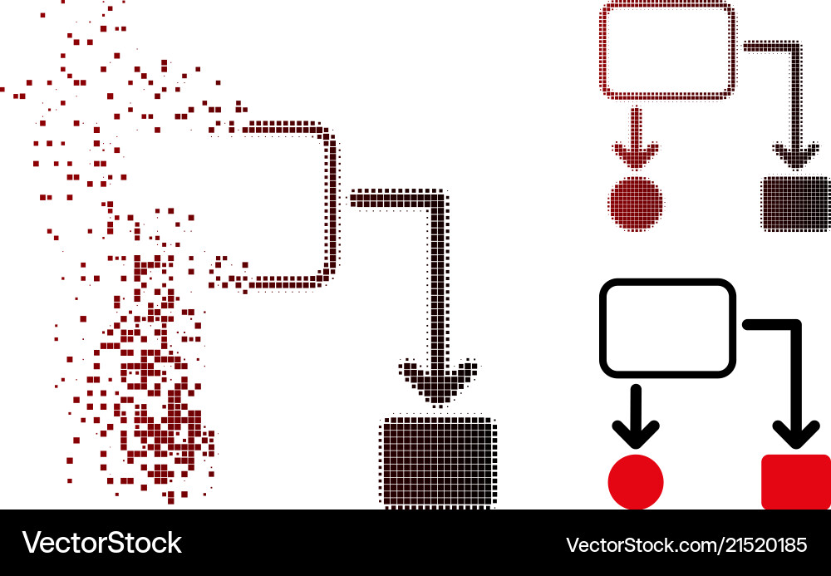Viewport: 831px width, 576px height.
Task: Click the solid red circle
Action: point(636,482)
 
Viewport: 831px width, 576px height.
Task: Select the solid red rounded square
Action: point(796,482)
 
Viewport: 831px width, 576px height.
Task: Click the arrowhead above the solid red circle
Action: point(636,434)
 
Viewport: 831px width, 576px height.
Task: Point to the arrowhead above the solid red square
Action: point(796,434)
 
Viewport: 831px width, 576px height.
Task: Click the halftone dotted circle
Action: point(636,204)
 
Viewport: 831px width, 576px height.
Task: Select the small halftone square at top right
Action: point(796,204)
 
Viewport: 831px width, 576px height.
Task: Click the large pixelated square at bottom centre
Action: point(438,462)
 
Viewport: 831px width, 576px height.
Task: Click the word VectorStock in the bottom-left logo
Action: point(101,543)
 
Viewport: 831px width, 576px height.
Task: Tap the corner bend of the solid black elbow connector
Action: point(795,324)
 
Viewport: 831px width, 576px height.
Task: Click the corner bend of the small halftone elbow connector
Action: point(795,47)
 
